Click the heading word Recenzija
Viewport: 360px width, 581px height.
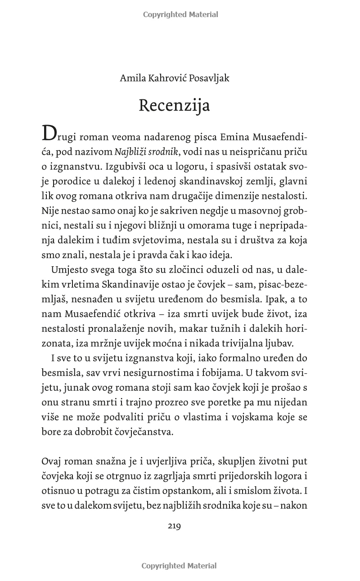pyautogui.click(x=174, y=105)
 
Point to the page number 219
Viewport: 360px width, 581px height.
pyautogui.click(x=174, y=526)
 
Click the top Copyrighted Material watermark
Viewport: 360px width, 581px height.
pyautogui.click(x=180, y=14)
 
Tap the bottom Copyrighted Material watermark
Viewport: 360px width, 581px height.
pyautogui.click(x=179, y=566)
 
